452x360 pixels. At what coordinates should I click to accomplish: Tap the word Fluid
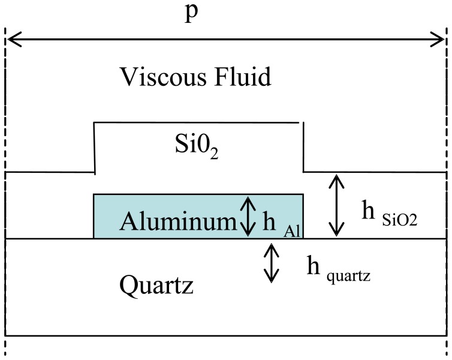coord(243,77)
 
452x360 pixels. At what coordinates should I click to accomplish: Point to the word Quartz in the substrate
coord(156,285)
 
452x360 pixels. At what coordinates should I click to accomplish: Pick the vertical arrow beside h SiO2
coord(337,205)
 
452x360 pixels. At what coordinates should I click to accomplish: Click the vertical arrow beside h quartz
coord(272,264)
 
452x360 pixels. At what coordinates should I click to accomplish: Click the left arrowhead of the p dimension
coord(11,40)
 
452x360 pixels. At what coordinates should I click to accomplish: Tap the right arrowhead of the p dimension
coord(441,40)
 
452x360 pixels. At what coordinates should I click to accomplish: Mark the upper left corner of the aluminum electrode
coord(94,194)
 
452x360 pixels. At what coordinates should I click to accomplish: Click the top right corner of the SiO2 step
coord(300,123)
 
